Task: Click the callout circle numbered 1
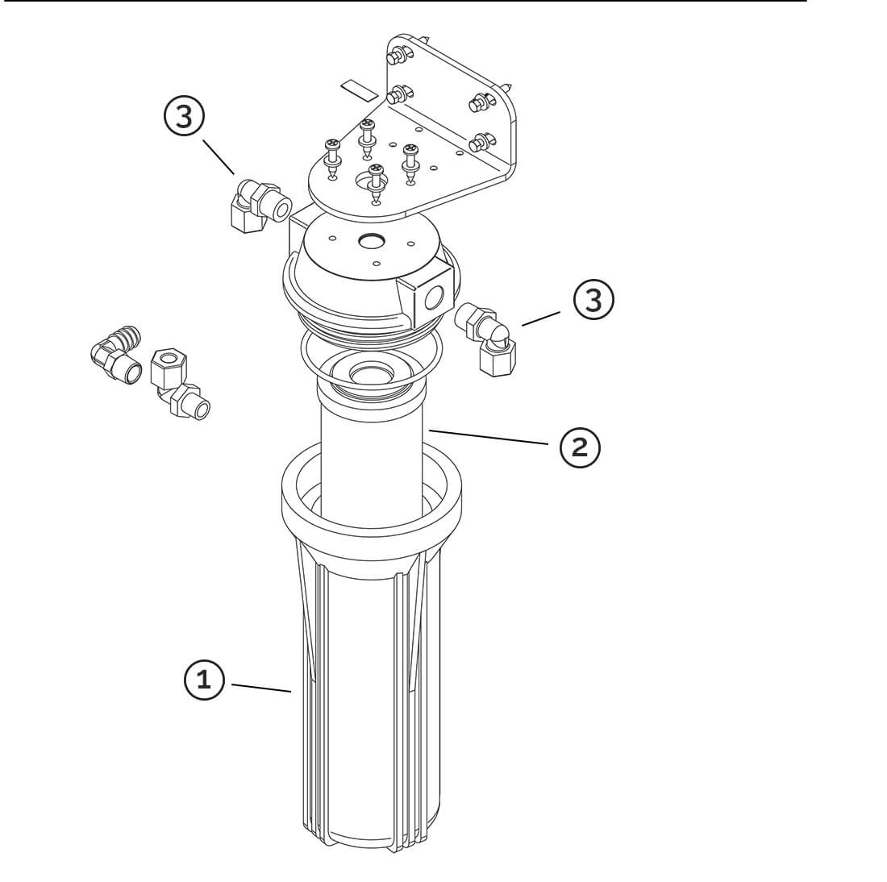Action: [204, 679]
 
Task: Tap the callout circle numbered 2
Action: [580, 447]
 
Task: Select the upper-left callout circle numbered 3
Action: [185, 117]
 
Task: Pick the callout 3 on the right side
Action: [593, 299]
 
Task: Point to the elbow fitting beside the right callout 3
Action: [486, 339]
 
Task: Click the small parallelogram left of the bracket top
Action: [359, 90]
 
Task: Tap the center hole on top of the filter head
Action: [372, 242]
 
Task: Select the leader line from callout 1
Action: [261, 688]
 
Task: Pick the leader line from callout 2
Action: [488, 437]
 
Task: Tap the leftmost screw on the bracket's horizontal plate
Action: [332, 158]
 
